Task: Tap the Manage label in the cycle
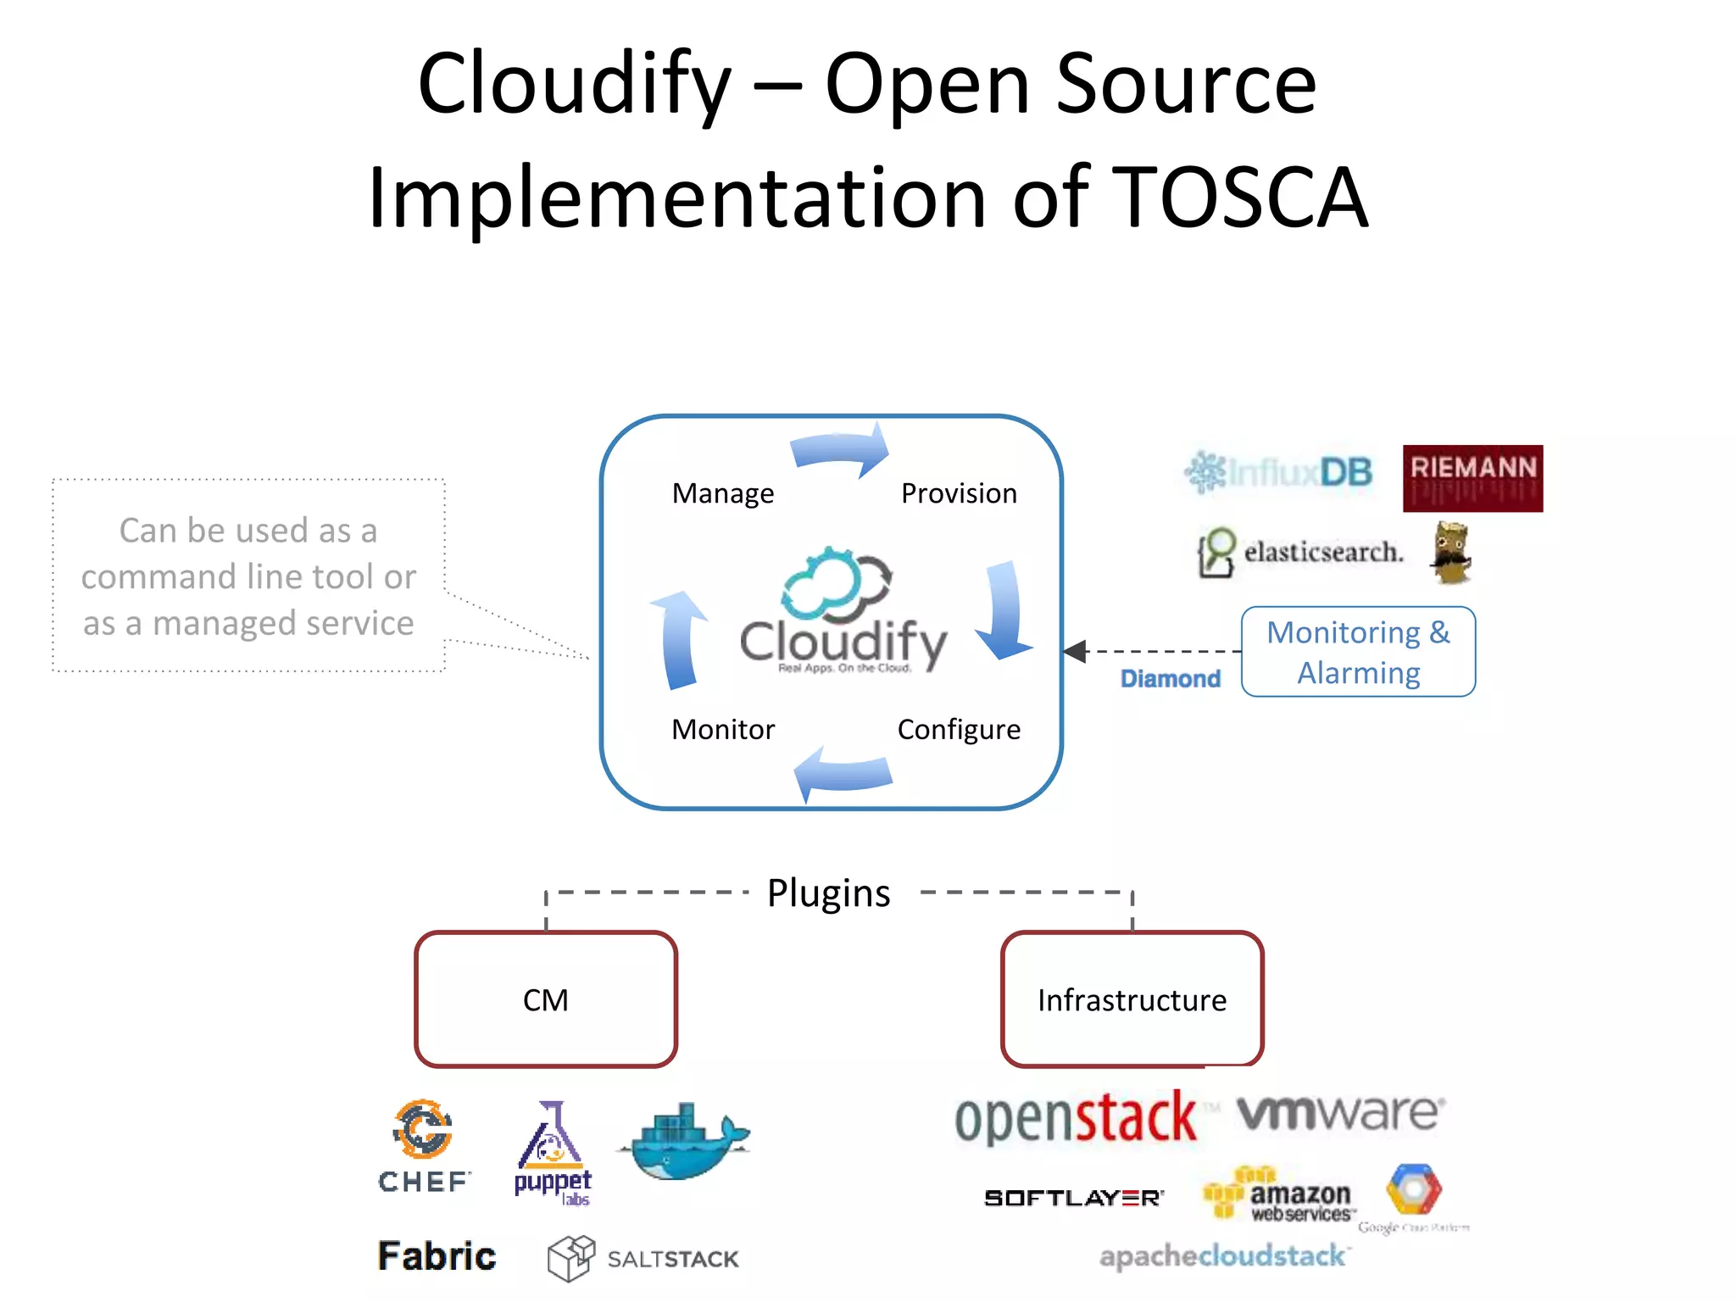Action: click(722, 493)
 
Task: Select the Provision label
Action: click(958, 493)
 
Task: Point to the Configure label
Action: click(958, 729)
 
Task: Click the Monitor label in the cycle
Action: click(722, 729)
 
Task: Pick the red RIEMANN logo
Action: click(1472, 478)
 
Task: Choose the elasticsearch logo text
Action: click(1322, 552)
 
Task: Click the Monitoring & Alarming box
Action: click(1358, 652)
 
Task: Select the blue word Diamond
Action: click(1170, 679)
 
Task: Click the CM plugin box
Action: click(546, 999)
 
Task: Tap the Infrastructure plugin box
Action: click(1132, 999)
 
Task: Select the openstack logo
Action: click(1075, 1118)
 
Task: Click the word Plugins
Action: click(828, 893)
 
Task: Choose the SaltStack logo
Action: click(644, 1258)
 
